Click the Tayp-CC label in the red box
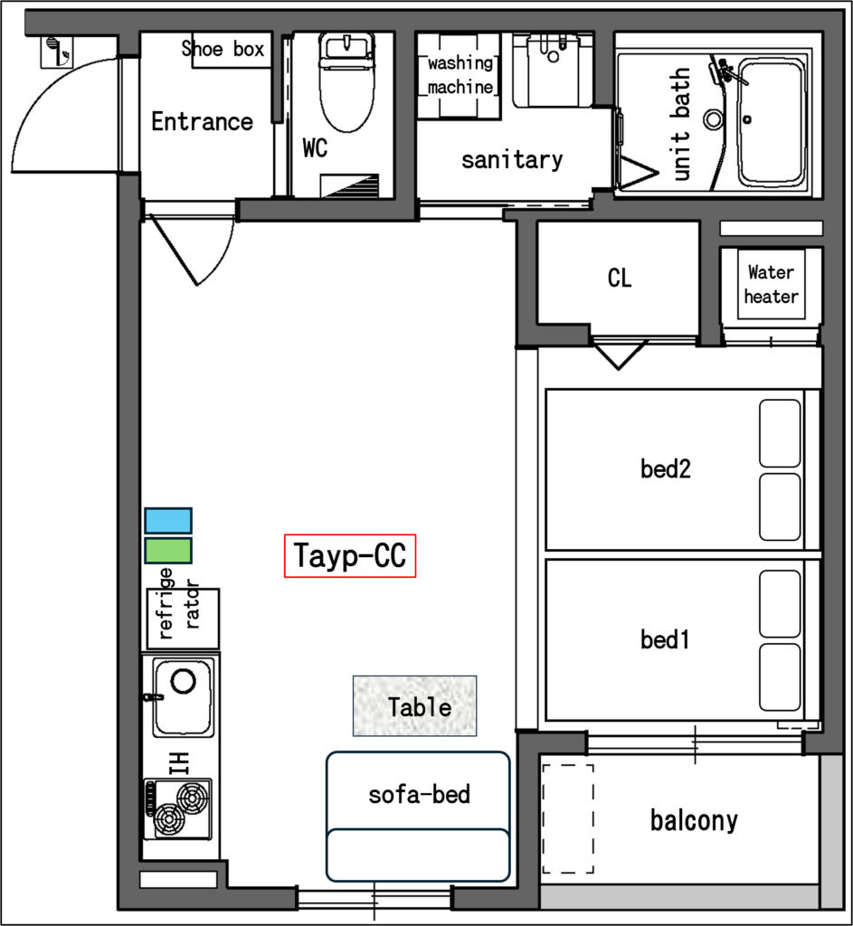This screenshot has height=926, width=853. [350, 556]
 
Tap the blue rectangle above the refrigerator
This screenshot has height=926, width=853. [168, 521]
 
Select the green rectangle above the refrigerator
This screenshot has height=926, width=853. [168, 551]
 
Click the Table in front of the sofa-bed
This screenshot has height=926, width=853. [414, 705]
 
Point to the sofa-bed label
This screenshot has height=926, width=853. [420, 794]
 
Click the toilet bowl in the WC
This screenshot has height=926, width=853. [346, 81]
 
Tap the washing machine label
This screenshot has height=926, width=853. [460, 74]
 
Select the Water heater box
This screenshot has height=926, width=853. [771, 284]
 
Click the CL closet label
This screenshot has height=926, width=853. [620, 278]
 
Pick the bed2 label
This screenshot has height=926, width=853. [666, 469]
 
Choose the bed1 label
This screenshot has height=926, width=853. [665, 639]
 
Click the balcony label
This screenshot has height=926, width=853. [694, 821]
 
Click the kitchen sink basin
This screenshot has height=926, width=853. [183, 697]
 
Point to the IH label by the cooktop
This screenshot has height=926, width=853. [178, 763]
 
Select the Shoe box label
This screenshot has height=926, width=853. [223, 49]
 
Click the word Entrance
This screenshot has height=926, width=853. [202, 122]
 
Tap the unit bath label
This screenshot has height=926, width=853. [680, 123]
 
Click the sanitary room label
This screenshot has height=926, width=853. [512, 159]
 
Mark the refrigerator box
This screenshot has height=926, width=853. [183, 619]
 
